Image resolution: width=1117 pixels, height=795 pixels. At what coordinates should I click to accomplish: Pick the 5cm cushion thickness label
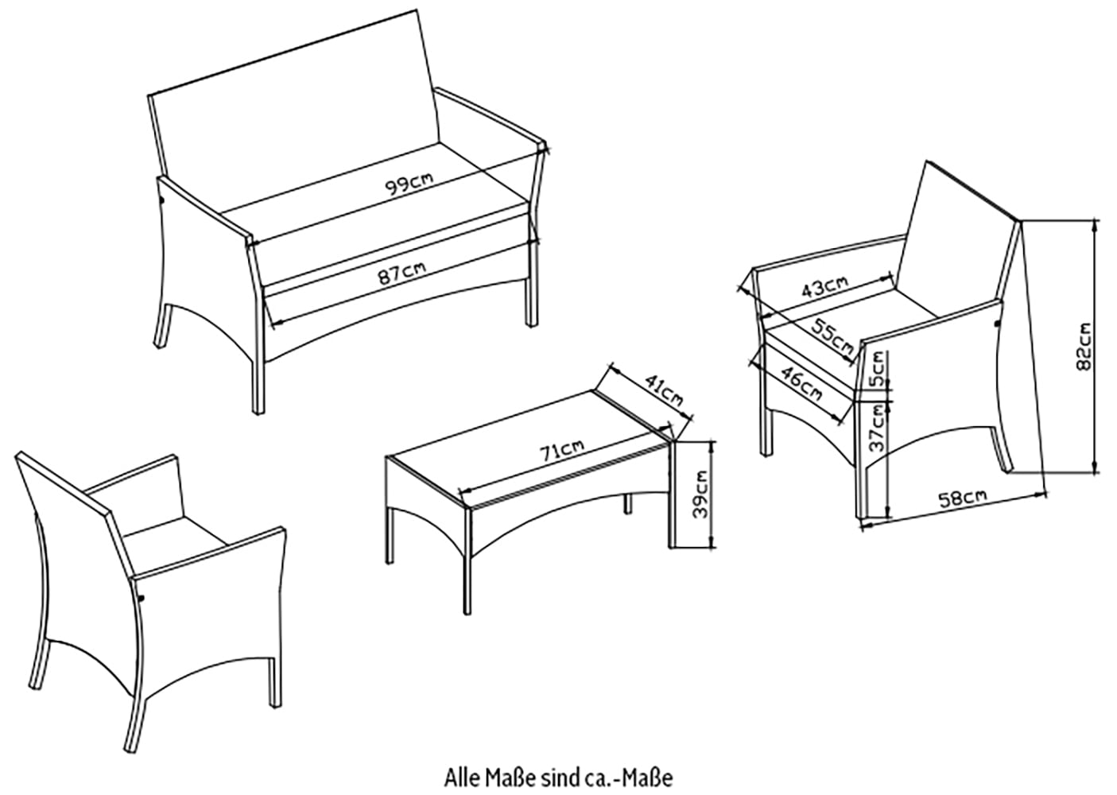pos(876,370)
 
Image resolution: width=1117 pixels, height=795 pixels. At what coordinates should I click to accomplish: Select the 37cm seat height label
pos(876,428)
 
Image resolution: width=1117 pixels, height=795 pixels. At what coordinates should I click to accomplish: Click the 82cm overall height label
pos(1081,343)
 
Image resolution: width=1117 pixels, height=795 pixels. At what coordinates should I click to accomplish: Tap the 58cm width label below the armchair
pos(962,498)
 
